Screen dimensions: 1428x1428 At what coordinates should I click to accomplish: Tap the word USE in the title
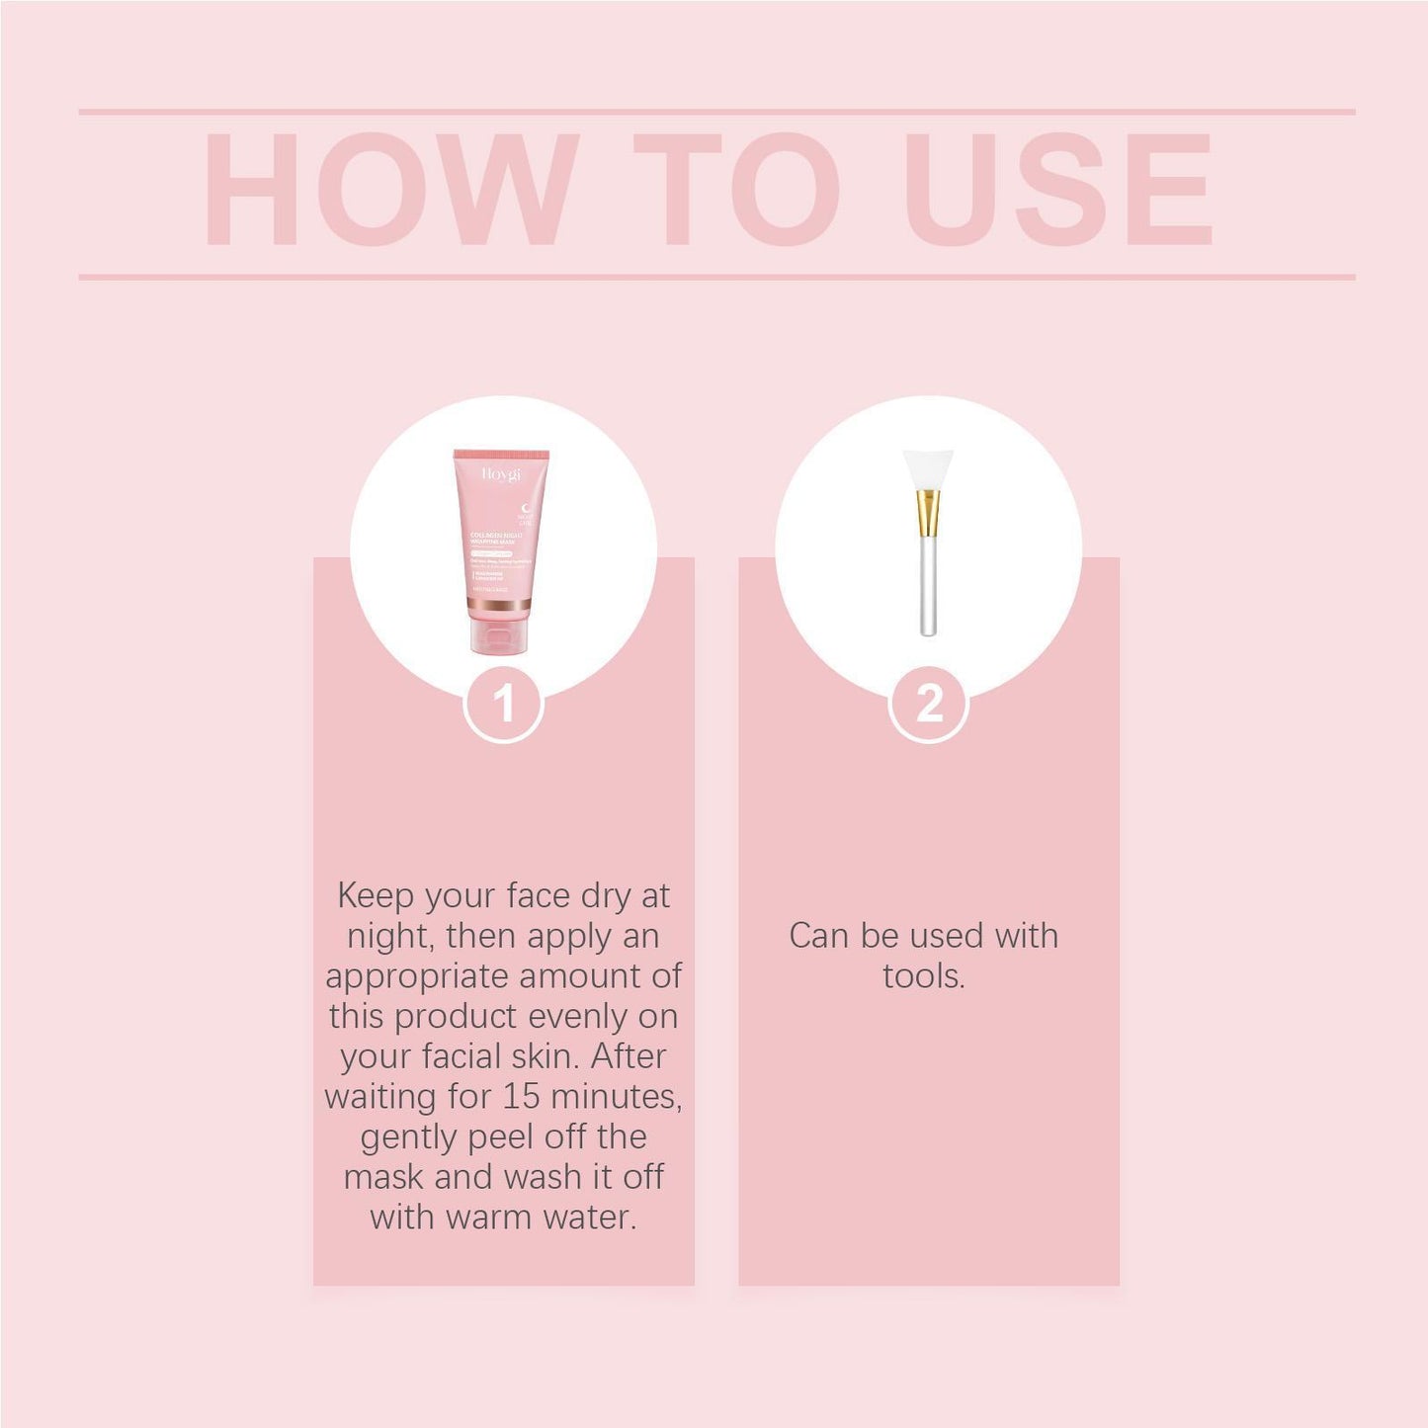[1057, 188]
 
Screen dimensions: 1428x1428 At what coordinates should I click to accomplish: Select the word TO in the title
[736, 188]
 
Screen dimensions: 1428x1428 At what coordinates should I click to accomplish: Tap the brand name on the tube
[501, 474]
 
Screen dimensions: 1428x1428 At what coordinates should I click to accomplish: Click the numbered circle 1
[504, 704]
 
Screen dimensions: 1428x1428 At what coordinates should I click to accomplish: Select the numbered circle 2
[929, 704]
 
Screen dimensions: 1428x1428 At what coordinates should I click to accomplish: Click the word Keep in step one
[376, 895]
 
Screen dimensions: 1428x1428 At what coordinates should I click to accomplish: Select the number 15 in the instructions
[521, 1097]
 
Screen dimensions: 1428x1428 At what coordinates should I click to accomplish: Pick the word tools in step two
[923, 976]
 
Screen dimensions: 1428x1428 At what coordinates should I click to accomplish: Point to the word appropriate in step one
[416, 976]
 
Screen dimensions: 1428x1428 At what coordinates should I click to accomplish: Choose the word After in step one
[630, 1056]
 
